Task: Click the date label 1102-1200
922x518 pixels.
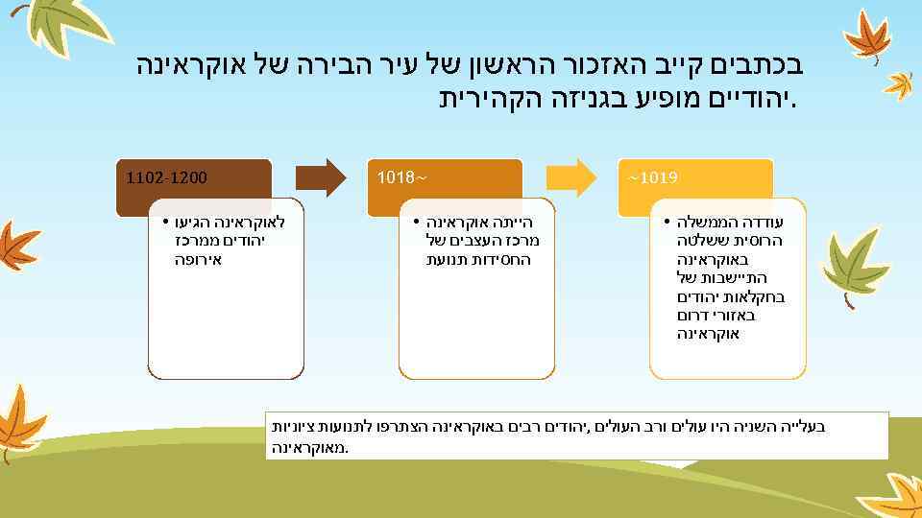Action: point(167,177)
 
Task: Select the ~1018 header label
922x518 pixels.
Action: point(401,177)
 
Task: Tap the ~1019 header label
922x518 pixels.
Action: point(653,177)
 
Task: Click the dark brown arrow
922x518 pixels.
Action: point(320,177)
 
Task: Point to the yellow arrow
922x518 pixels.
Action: point(570,177)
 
